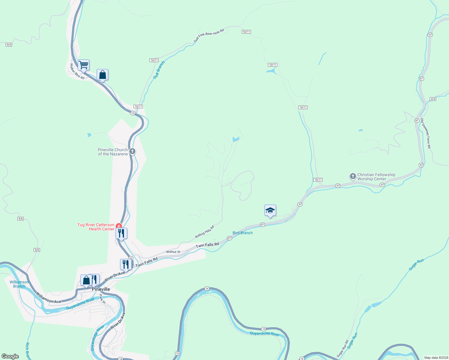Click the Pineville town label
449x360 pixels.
point(101,289)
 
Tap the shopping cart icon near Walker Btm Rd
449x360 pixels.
point(83,65)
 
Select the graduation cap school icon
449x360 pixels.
point(270,210)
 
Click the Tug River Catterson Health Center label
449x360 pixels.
point(96,227)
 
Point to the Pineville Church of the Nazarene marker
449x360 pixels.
point(132,151)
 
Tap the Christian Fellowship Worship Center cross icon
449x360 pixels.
point(353,176)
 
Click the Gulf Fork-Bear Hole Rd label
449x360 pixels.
point(209,35)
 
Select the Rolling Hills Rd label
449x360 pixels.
point(205,232)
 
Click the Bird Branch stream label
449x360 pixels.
point(243,233)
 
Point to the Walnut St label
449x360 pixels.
point(173,252)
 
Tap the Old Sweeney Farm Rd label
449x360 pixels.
point(426,133)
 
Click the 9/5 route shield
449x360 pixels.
point(9,45)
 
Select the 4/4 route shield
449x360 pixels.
point(433,99)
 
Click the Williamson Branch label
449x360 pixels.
point(19,284)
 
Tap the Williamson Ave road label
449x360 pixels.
point(49,298)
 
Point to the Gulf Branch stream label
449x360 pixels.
point(159,70)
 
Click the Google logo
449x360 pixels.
point(10,356)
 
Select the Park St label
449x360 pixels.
point(102,299)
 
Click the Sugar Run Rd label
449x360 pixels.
point(342,348)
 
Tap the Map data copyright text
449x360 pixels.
point(436,358)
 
